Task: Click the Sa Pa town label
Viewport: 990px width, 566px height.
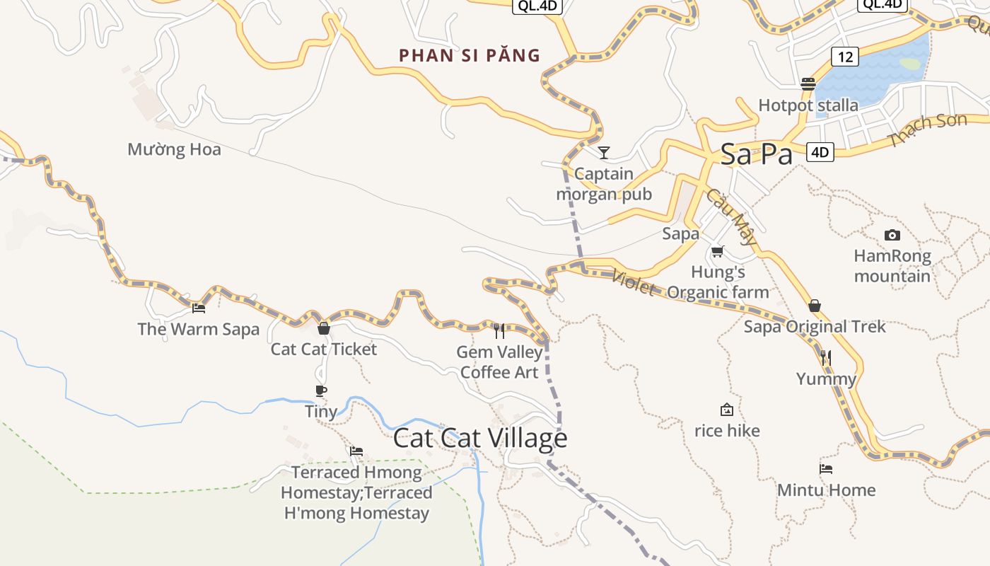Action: coord(756,154)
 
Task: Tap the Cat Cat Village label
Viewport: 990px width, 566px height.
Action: coord(480,439)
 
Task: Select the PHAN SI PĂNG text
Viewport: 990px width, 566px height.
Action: coord(470,55)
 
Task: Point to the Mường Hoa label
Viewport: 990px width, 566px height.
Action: coord(174,149)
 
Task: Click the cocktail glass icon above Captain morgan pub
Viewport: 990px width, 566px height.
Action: coord(603,152)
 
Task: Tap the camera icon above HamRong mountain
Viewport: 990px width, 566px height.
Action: coord(892,235)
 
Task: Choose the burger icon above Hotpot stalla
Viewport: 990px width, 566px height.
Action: coord(808,84)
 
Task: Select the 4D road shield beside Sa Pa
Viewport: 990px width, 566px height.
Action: coord(820,151)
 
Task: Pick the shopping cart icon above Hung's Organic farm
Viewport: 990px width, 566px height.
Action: coord(718,251)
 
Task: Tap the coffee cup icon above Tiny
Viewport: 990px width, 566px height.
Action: coord(321,391)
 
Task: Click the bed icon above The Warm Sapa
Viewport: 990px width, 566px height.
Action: coord(199,308)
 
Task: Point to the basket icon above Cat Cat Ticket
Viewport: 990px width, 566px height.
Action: coord(324,328)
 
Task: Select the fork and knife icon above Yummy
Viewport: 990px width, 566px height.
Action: coord(825,358)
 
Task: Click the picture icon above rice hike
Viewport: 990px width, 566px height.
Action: coord(726,410)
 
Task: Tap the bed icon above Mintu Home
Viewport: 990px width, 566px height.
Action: coord(825,468)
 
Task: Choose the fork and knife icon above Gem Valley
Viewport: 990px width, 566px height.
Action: coord(499,330)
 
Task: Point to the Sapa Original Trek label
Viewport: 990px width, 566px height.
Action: coord(815,327)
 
